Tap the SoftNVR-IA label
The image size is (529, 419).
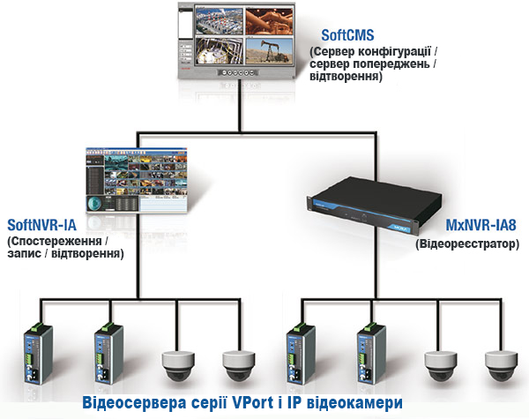point(46,224)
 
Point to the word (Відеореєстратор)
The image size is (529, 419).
point(465,241)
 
